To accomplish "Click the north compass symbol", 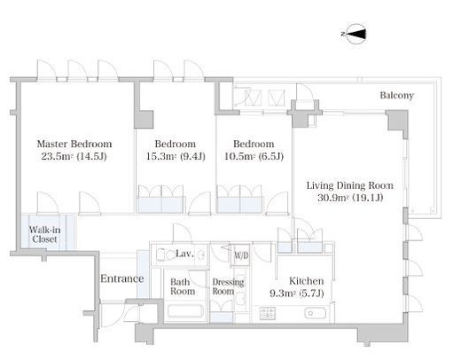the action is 355,34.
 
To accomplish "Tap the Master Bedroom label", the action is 74,144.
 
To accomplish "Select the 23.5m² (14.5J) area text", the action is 74,156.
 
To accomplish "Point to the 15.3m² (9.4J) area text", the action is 176,156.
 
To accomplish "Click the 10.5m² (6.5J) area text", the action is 254,156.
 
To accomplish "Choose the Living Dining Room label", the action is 350,185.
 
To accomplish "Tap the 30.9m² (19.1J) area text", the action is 350,198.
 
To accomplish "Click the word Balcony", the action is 396,95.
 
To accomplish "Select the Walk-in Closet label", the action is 44,234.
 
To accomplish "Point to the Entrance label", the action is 122,278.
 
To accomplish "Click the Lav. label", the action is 184,254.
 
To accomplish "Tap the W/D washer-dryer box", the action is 241,255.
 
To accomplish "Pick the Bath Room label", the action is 183,286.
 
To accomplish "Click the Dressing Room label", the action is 228,286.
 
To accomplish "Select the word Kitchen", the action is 307,281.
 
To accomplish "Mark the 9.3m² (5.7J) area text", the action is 297,293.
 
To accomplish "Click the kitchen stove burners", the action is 268,313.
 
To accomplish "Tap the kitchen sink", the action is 316,313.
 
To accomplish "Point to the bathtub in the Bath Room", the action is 185,311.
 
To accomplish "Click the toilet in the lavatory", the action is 166,254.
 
